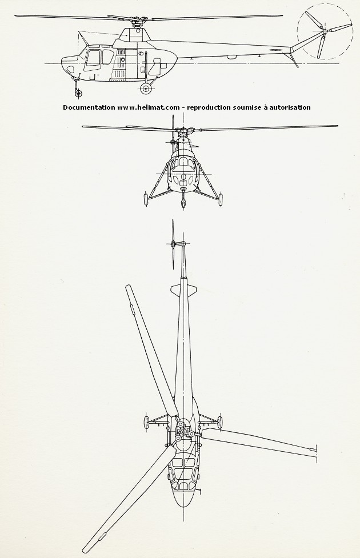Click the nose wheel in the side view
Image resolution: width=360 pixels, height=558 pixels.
[78, 93]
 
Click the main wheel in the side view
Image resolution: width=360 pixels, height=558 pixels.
[146, 89]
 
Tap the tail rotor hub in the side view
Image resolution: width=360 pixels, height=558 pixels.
[325, 32]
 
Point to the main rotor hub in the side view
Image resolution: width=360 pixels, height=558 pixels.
[137, 22]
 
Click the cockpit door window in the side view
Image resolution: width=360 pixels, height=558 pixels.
[93, 58]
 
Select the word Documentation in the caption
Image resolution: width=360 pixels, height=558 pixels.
[89, 107]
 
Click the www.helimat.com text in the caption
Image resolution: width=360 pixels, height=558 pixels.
[149, 107]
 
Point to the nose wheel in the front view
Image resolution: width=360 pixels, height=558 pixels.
[183, 203]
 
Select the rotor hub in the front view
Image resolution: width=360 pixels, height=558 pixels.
[183, 134]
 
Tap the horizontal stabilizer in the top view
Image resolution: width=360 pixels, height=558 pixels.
[183, 290]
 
